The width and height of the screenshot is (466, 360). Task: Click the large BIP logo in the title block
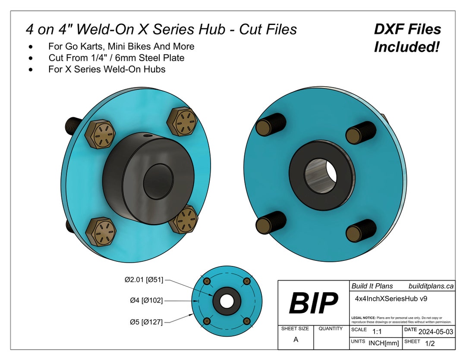[x=313, y=303]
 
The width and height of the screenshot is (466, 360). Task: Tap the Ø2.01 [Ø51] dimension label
[x=144, y=280]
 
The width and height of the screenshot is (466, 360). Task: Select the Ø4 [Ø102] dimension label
[x=146, y=301]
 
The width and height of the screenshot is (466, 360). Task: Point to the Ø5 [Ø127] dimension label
[x=146, y=322]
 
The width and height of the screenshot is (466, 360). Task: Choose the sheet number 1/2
[x=430, y=344]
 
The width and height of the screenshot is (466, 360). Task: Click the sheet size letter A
[x=296, y=339]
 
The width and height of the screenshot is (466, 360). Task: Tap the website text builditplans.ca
[x=431, y=286]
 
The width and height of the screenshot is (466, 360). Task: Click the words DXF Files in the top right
[x=407, y=29]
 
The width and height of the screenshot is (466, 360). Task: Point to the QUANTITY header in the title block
[x=331, y=329]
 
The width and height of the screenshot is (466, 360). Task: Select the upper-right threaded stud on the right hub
[x=361, y=130]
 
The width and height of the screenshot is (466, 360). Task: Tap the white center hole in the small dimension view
[x=227, y=301]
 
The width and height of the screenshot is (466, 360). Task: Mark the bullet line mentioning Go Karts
[x=121, y=46]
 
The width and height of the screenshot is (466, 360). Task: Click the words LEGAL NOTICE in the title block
[x=364, y=318]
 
